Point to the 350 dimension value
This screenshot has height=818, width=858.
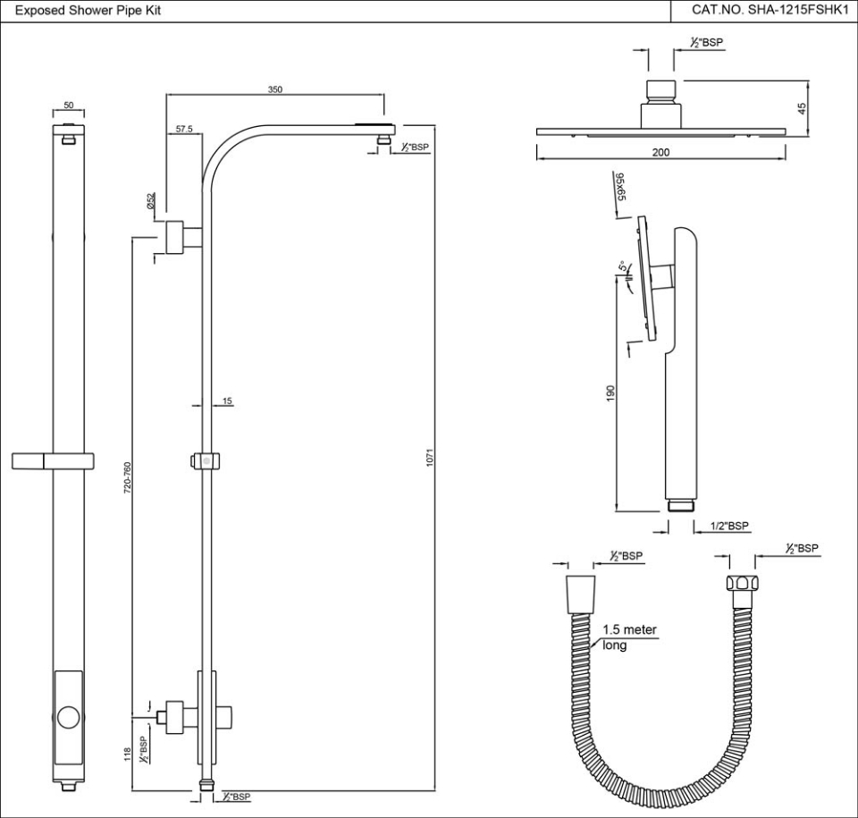275,89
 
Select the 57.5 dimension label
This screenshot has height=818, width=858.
184,130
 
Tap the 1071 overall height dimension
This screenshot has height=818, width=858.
430,459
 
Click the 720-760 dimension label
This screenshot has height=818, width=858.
128,479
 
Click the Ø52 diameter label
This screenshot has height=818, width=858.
152,201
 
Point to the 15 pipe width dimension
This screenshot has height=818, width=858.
228,401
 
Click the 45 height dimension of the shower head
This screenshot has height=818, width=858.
802,107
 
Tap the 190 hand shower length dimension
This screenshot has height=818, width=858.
610,393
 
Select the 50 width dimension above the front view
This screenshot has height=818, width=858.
69,105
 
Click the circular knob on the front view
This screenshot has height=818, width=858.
70,716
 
